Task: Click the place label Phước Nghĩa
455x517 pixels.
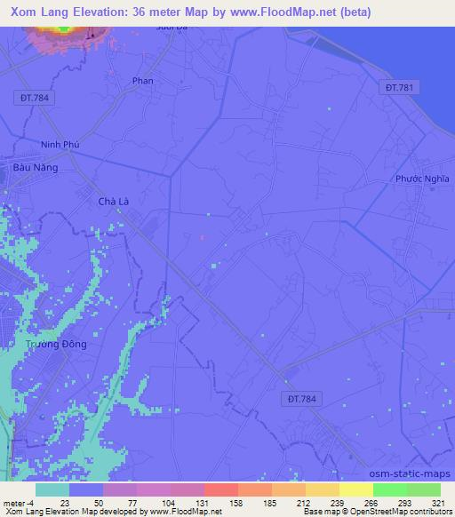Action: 423,179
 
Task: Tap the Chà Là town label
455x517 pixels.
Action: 114,202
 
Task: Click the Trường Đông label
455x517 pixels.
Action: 56,344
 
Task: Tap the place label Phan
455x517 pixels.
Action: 142,81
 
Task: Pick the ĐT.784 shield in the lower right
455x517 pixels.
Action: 302,400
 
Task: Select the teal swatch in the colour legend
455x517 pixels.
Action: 52,489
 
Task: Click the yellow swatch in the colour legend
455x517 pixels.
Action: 355,489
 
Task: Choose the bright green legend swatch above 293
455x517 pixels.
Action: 389,489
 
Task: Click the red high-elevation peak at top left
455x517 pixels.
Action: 63,28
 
